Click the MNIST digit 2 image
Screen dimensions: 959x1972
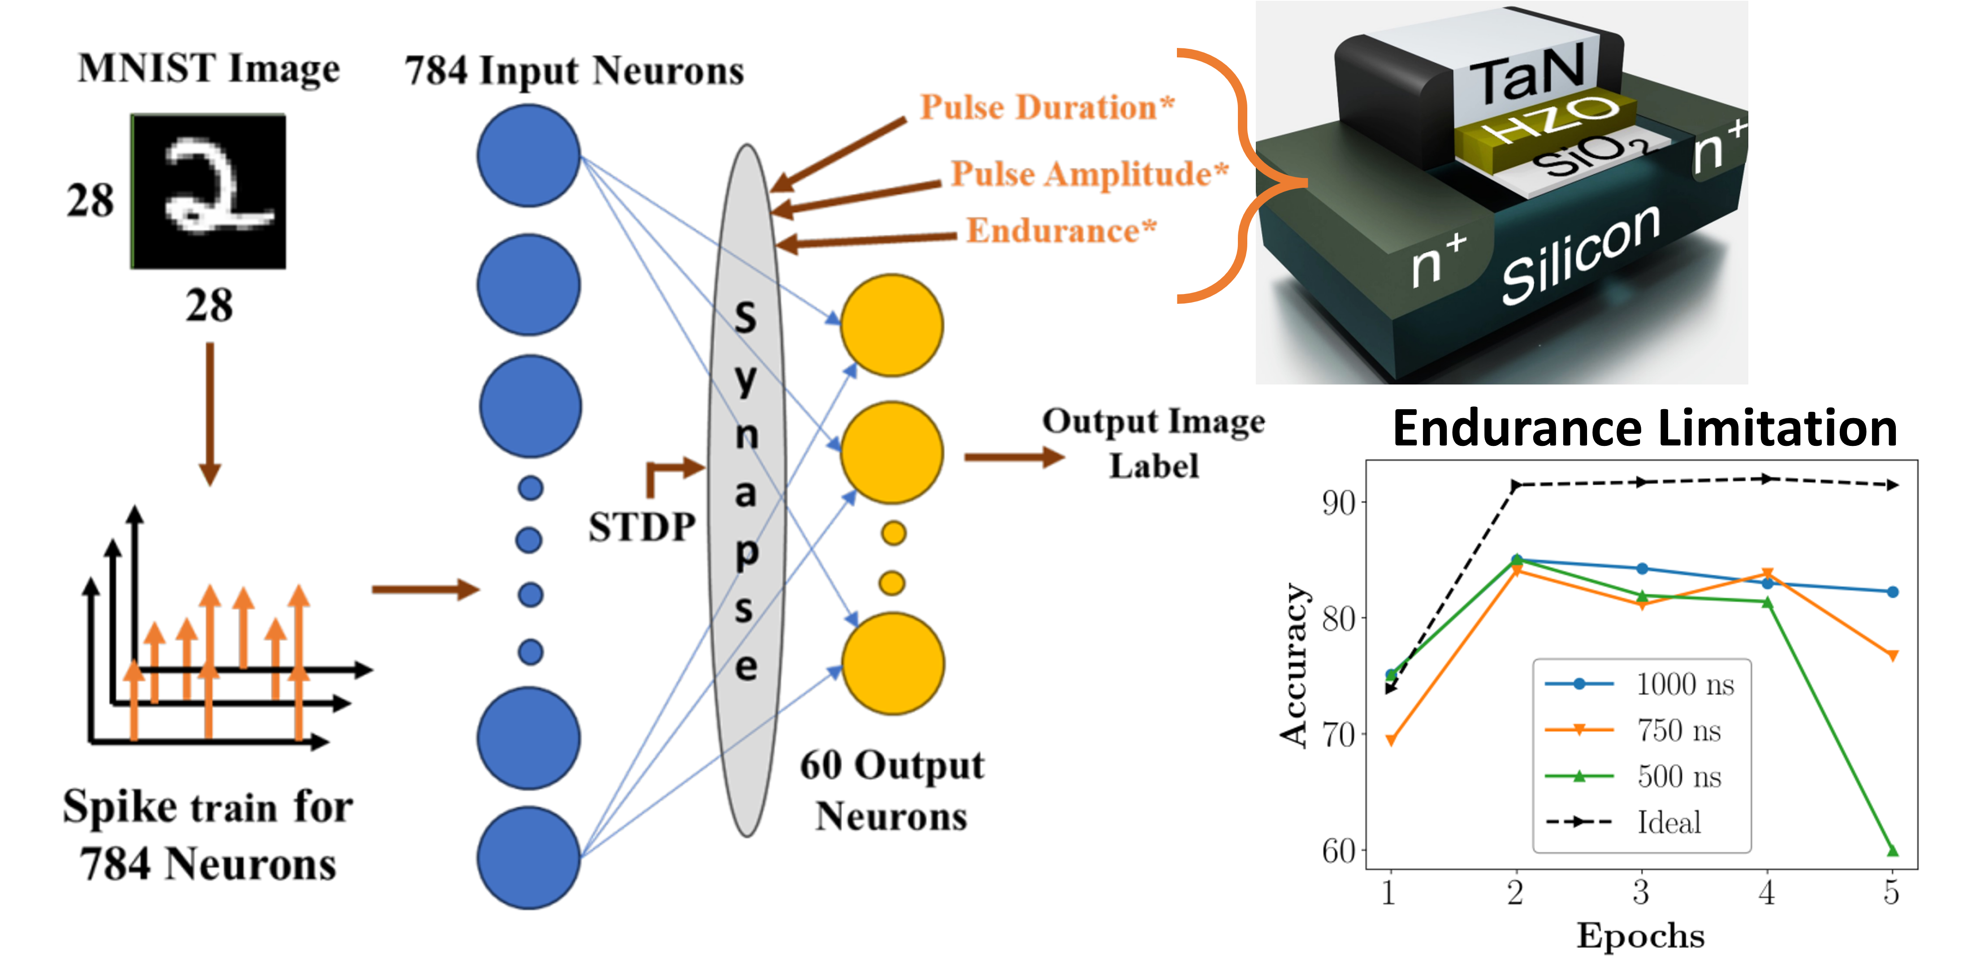[x=208, y=191]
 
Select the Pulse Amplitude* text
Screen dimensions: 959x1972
[x=1089, y=174]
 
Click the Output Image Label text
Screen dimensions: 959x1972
[x=1154, y=443]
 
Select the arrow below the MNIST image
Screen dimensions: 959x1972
[x=210, y=413]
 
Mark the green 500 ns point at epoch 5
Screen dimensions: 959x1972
[x=1892, y=850]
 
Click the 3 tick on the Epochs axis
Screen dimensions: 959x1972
[x=1640, y=892]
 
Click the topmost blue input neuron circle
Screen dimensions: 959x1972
[x=528, y=156]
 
